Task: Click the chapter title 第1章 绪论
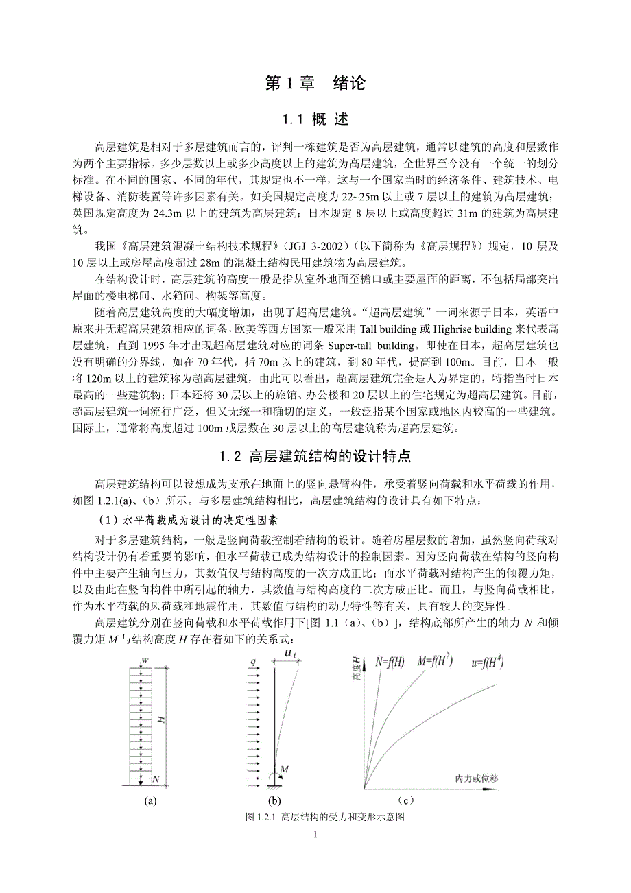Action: pyautogui.click(x=315, y=83)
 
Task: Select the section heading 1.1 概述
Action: pyautogui.click(x=315, y=120)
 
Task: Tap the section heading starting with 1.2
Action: pyautogui.click(x=315, y=457)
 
